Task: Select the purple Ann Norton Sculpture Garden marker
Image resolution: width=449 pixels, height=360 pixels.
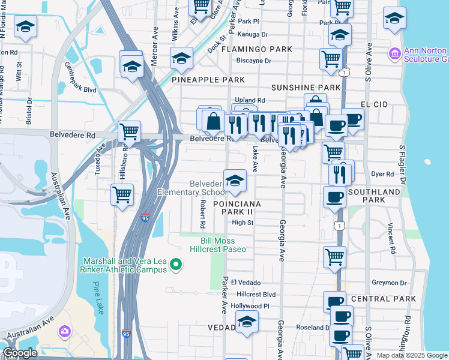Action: tap(395, 55)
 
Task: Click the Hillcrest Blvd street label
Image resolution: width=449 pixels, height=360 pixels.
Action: tap(256, 295)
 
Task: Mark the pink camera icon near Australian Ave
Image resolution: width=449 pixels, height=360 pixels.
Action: tap(64, 331)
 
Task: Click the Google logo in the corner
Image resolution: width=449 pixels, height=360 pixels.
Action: tap(20, 353)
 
